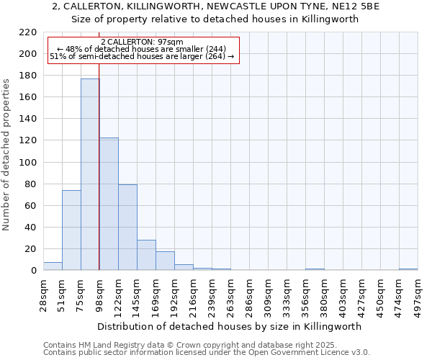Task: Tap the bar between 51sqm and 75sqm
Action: [x=71, y=230]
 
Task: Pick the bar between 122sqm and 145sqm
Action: [x=127, y=228]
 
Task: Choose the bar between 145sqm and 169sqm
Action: [x=146, y=255]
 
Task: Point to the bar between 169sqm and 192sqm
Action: [x=165, y=261]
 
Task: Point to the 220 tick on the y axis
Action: [x=28, y=32]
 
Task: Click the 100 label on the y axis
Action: [x=28, y=163]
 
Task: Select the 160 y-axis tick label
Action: [x=28, y=97]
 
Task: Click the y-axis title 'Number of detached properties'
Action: [x=6, y=155]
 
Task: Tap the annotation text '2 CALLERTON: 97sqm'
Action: [x=142, y=42]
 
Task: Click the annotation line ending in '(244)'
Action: [x=142, y=49]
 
